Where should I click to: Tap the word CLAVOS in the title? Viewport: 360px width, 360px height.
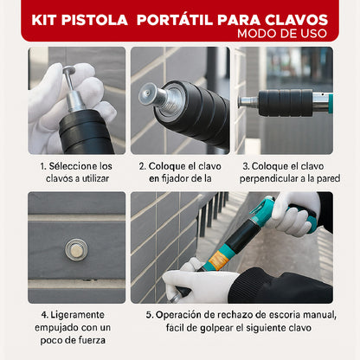[293, 18]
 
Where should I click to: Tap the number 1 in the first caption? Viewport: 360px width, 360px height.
[41, 164]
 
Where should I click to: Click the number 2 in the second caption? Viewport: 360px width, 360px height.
[142, 164]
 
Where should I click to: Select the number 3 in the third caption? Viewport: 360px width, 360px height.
[246, 164]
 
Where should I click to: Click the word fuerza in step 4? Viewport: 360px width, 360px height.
[87, 341]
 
